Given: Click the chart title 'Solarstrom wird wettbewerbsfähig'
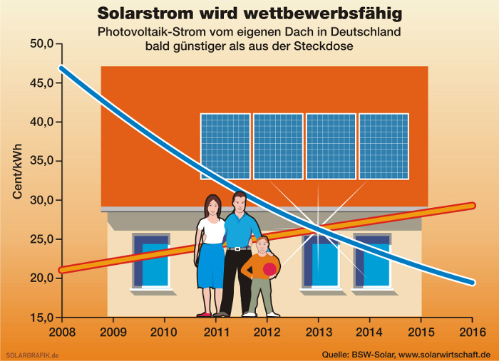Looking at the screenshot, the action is pyautogui.click(x=249, y=14).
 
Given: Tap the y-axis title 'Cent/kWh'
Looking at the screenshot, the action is pyautogui.click(x=17, y=172).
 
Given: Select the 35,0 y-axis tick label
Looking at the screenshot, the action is pyautogui.click(x=41, y=161).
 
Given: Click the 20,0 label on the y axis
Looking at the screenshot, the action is pyautogui.click(x=41, y=278).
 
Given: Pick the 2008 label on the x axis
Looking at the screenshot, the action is pyautogui.click(x=62, y=332).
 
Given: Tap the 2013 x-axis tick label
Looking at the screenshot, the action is pyautogui.click(x=319, y=332).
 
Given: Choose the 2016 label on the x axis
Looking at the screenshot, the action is pyautogui.click(x=473, y=332).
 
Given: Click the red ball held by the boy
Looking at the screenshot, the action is pyautogui.click(x=269, y=269).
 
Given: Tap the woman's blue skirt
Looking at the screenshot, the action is pyautogui.click(x=211, y=266).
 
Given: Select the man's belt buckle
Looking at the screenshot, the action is pyautogui.click(x=237, y=248).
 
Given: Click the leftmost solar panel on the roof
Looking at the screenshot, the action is pyautogui.click(x=225, y=147).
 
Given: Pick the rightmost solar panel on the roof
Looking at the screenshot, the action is pyautogui.click(x=384, y=147).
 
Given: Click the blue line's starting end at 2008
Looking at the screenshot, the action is pyautogui.click(x=61, y=68).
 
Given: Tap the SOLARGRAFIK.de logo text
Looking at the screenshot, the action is pyautogui.click(x=32, y=355).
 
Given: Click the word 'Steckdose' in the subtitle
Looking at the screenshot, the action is pyautogui.click(x=324, y=46).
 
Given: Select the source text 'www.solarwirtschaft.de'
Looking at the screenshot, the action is pyautogui.click(x=445, y=355).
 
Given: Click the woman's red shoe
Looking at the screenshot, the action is pyautogui.click(x=204, y=315).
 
